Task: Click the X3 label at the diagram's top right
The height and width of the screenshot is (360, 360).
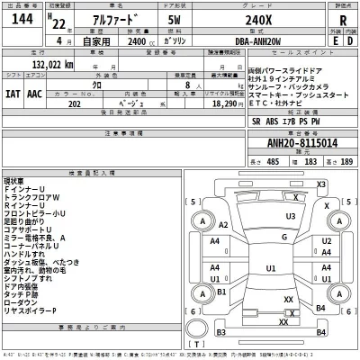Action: tap(319, 184)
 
